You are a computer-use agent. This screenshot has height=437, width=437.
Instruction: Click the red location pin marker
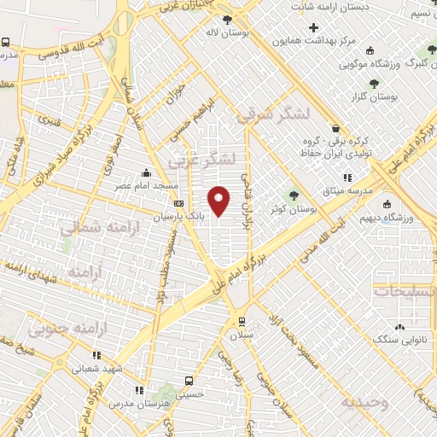[x=219, y=201]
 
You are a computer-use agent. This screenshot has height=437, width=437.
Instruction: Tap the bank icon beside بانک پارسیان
[x=178, y=203]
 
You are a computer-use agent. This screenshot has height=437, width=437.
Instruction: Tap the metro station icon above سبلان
[x=242, y=322]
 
